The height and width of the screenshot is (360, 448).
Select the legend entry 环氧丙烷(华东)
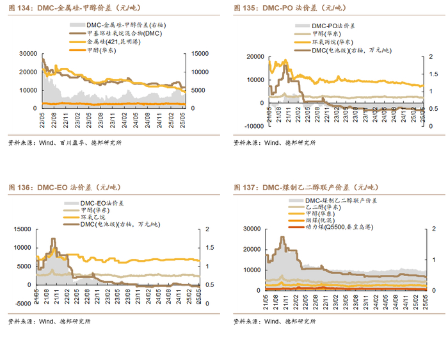tap(333, 41)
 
